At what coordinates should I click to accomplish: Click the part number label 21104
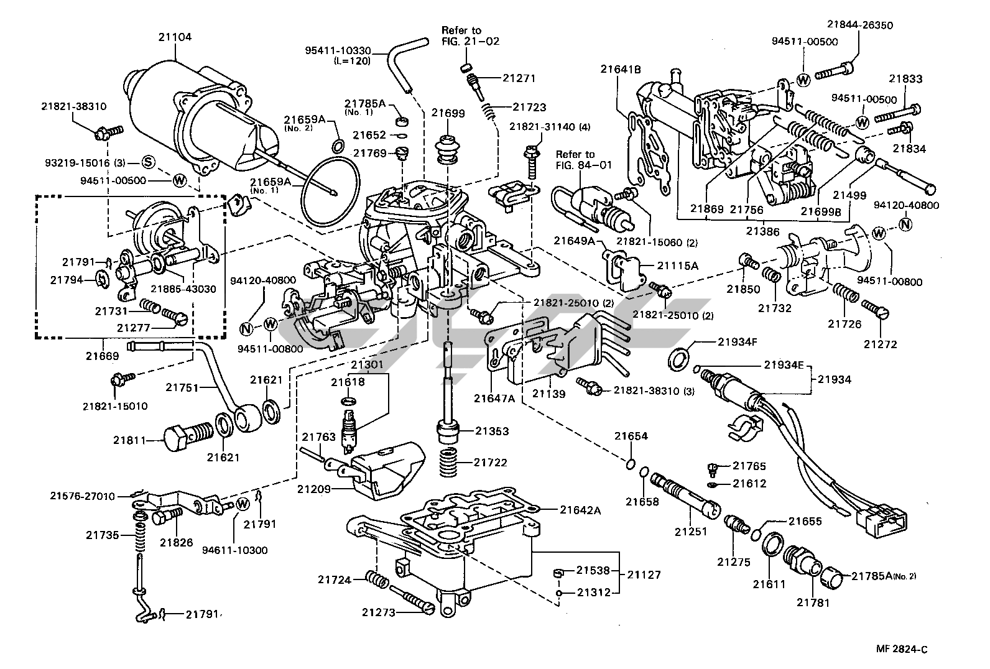click(x=174, y=37)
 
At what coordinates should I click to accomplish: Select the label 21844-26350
click(x=859, y=25)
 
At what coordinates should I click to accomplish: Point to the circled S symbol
click(x=148, y=163)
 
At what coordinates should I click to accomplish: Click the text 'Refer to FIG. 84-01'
click(x=575, y=159)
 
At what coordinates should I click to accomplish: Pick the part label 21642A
click(x=580, y=510)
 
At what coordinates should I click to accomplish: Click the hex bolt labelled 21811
click(x=180, y=438)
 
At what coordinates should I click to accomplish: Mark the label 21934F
click(x=737, y=341)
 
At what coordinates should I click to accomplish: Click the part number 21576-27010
click(x=83, y=496)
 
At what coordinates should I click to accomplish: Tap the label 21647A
click(x=494, y=398)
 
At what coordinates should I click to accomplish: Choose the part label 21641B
click(x=620, y=70)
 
